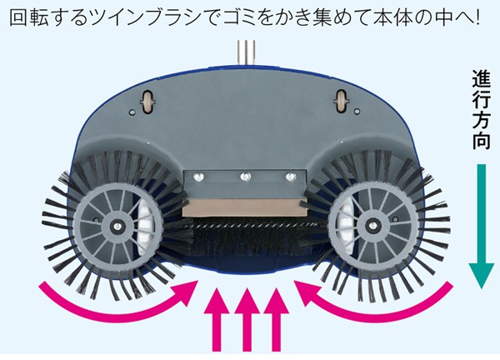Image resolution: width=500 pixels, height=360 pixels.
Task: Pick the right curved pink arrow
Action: (x=379, y=304)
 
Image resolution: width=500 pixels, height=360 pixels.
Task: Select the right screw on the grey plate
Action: (x=290, y=176)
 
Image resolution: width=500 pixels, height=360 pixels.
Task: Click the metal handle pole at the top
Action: (x=245, y=51)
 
